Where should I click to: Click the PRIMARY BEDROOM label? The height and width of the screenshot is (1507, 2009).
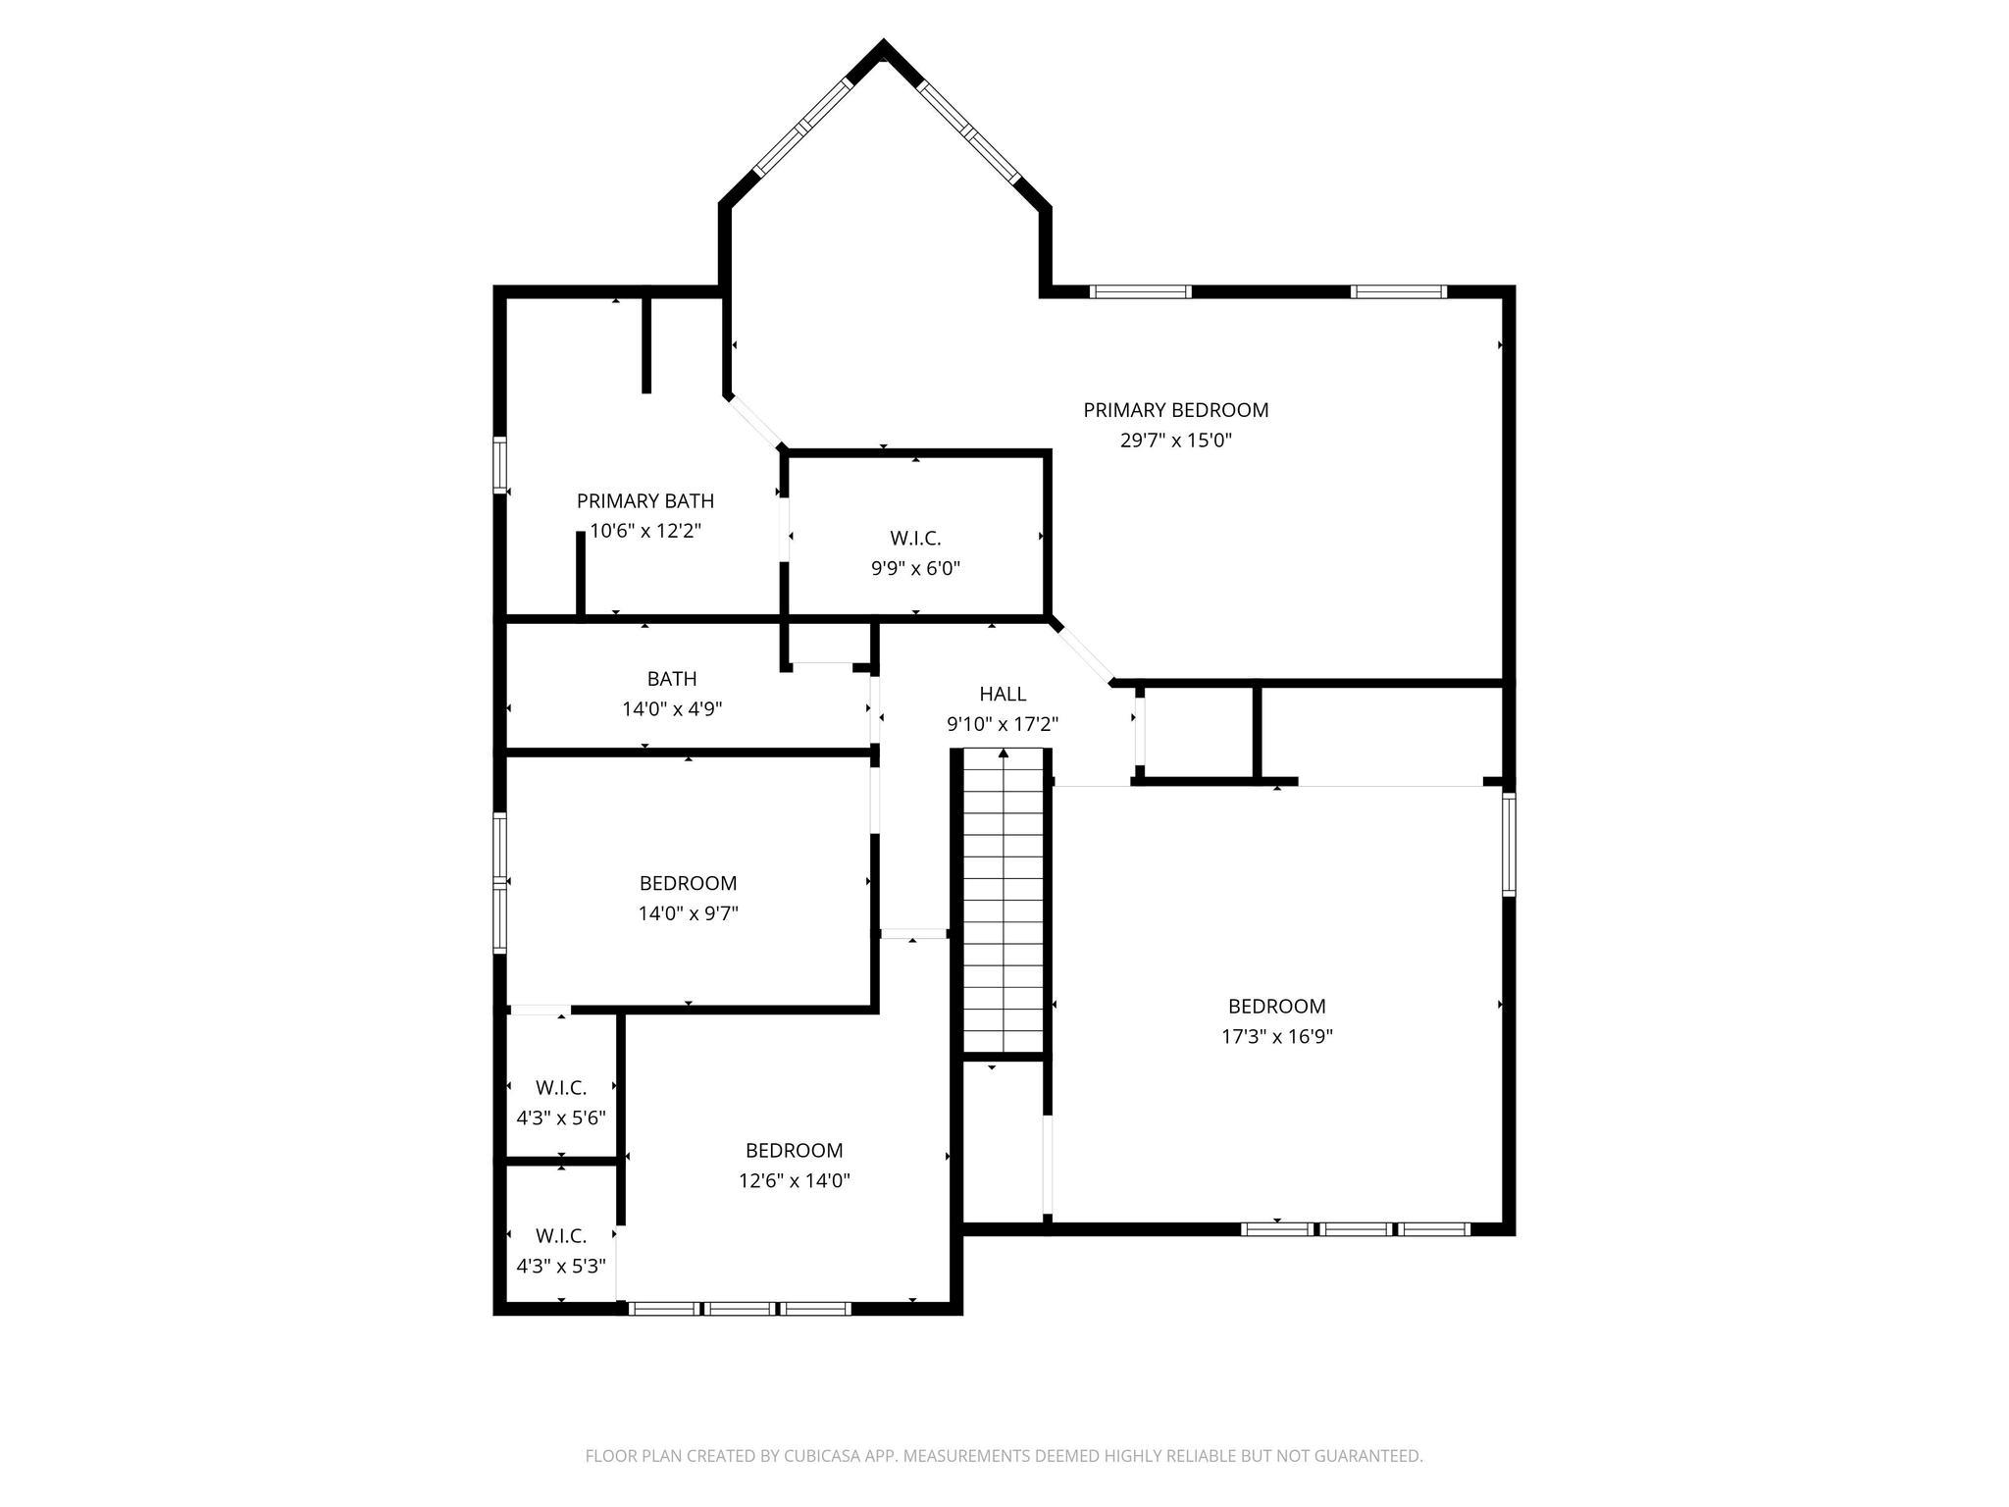tap(1175, 410)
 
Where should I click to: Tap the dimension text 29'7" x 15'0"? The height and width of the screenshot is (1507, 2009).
tap(1175, 441)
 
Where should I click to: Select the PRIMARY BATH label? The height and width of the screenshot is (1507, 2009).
tap(644, 501)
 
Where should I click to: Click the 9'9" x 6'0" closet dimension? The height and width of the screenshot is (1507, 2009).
tap(915, 568)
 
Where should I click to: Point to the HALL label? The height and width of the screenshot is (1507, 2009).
tap(1003, 695)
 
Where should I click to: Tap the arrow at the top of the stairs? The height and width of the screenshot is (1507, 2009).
tap(1003, 754)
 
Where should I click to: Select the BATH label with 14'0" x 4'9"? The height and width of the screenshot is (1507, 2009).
tap(672, 679)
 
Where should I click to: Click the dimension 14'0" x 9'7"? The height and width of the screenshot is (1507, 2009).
tap(688, 913)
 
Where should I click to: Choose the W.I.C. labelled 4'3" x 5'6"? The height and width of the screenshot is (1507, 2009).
tap(561, 1088)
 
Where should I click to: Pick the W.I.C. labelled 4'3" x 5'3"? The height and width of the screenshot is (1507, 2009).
tap(561, 1236)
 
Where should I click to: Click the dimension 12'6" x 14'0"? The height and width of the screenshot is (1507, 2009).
tap(794, 1181)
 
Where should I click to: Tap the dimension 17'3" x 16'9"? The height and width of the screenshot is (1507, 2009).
tap(1276, 1037)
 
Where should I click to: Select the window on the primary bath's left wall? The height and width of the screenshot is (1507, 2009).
tap(499, 465)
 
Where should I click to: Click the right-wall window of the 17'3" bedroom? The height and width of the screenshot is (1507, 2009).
tap(1509, 844)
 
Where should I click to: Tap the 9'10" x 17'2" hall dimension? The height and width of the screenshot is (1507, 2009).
tap(1003, 725)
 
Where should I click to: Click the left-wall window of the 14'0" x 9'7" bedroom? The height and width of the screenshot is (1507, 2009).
tap(499, 882)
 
